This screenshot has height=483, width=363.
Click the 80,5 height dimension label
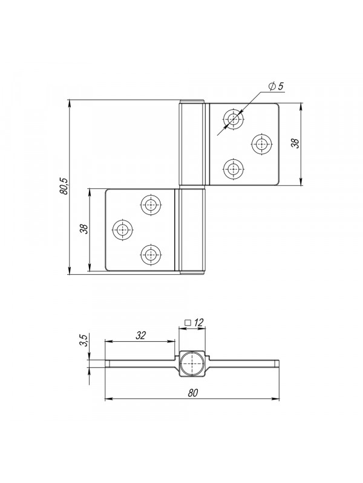click(x=65, y=186)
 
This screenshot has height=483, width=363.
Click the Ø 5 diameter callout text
click(x=276, y=86)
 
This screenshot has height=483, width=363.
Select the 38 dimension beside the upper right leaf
click(x=295, y=143)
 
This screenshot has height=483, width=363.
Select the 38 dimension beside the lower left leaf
click(x=84, y=229)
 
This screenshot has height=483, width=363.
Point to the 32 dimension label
click(x=140, y=335)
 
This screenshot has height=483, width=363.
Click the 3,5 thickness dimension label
click(x=84, y=340)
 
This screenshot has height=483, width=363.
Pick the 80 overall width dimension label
click(x=192, y=393)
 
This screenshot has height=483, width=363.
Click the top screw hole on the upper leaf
click(x=234, y=118)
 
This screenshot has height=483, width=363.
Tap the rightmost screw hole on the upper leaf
click(x=262, y=144)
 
